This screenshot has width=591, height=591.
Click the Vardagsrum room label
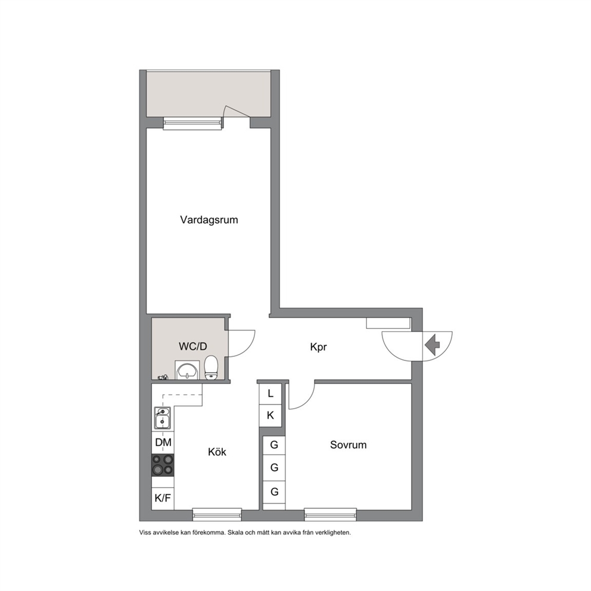tap(209, 220)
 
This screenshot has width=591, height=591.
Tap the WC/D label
tap(192, 346)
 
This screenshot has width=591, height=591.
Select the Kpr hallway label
tap(319, 347)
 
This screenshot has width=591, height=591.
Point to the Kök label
tap(217, 452)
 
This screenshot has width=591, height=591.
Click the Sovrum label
tap(349, 445)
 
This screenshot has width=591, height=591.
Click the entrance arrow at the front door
tap(433, 345)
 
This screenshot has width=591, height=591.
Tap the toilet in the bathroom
tap(211, 367)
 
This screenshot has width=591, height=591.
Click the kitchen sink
tap(162, 418)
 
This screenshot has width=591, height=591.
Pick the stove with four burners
tap(163, 465)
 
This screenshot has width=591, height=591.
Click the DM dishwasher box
tap(163, 443)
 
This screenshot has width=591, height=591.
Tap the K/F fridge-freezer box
tap(163, 498)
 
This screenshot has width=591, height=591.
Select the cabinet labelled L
tap(270, 394)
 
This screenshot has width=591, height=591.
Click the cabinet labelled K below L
tap(270, 416)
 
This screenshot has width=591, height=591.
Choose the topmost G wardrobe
tap(274, 445)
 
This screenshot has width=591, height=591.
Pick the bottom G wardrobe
tap(274, 492)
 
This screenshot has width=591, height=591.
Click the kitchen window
tap(217, 515)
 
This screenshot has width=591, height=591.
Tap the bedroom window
tap(331, 515)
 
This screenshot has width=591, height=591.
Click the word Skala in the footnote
tap(235, 533)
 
